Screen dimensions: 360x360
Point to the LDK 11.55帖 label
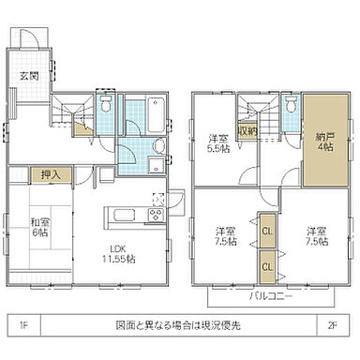coord(118,252)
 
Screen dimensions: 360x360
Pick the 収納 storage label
coord(247,132)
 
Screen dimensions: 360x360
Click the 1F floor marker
coord(22,325)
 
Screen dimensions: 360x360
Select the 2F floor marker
coord(333,325)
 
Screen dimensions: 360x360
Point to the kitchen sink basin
coord(125,215)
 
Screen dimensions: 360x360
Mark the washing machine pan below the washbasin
coord(154,166)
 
